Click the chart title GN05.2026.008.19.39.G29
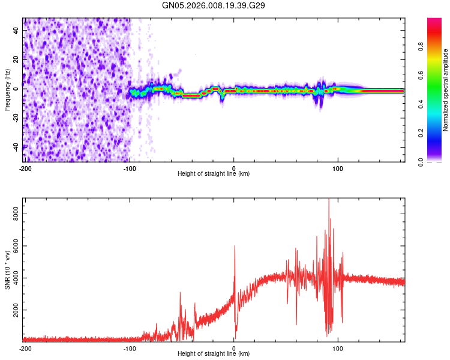tap(214, 5)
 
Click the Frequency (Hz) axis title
tap(7, 90)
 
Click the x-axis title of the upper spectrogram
tap(214, 174)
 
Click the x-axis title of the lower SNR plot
tap(214, 354)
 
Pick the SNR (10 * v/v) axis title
tap(7, 270)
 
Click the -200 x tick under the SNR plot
tap(25, 348)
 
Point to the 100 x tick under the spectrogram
tap(338, 168)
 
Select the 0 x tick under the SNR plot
tap(234, 348)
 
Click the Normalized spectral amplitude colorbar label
tap(446, 90)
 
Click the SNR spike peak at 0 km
tap(235, 246)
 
